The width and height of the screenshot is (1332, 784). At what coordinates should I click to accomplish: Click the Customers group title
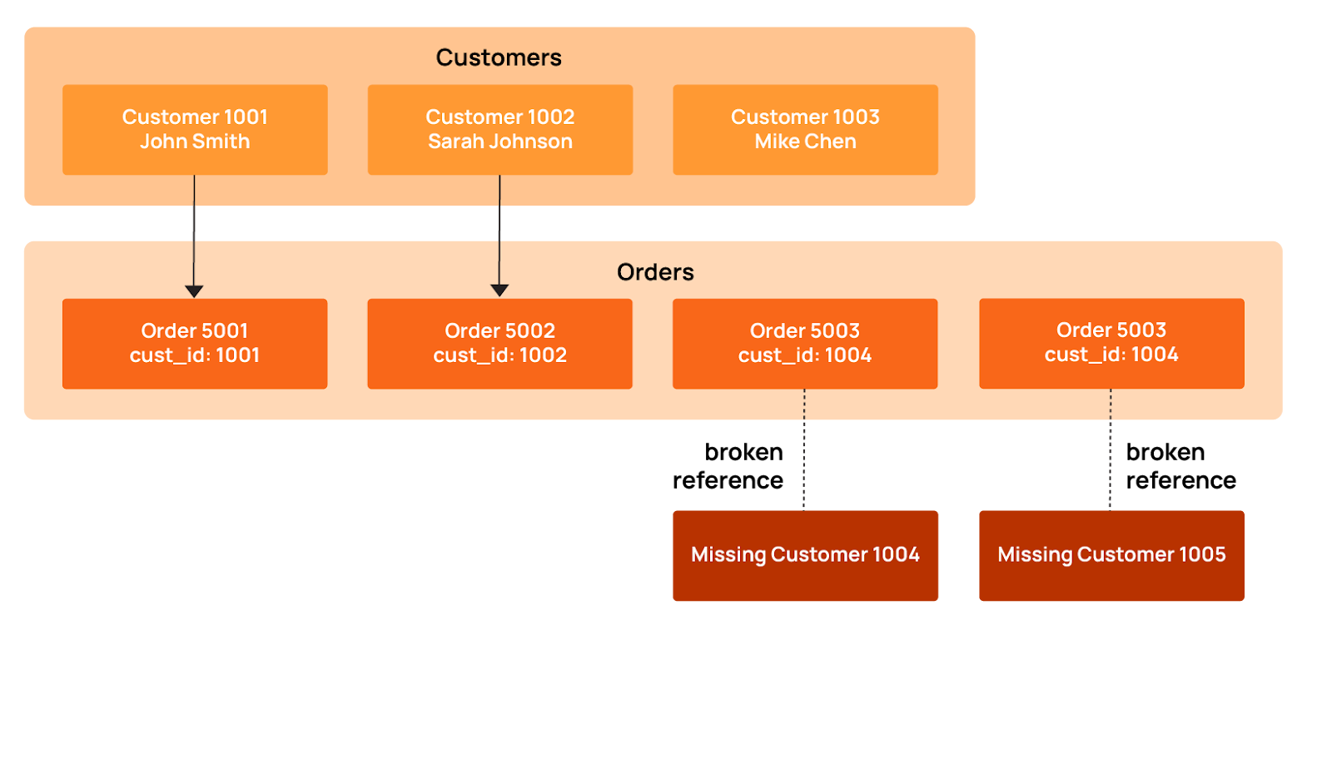[499, 57]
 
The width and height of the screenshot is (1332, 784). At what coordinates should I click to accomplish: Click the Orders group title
[655, 272]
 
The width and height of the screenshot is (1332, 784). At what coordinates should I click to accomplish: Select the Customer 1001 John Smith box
[195, 129]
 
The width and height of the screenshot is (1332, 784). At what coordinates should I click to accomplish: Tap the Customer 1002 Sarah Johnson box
[500, 129]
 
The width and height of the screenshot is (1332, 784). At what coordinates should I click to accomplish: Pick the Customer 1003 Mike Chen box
[805, 129]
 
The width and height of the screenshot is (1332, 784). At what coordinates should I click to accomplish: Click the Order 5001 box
[195, 343]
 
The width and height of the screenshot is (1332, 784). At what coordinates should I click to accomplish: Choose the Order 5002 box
[500, 343]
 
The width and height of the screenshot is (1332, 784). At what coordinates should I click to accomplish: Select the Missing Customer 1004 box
[805, 555]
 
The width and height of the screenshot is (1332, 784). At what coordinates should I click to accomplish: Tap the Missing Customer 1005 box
[1111, 555]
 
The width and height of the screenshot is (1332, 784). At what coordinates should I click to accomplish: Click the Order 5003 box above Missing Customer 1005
[1111, 343]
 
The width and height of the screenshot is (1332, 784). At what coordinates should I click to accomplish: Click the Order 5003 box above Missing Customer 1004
[805, 343]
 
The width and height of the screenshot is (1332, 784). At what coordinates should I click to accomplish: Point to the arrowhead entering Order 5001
[194, 291]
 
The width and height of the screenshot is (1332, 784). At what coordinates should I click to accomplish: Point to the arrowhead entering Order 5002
[499, 290]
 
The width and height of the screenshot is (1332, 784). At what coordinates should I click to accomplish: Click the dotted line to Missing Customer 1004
[803, 449]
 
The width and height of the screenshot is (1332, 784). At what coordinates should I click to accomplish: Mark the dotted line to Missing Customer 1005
[1110, 449]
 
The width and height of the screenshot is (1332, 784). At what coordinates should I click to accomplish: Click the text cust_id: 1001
[195, 355]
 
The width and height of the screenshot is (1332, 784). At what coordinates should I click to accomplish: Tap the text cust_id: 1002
[500, 355]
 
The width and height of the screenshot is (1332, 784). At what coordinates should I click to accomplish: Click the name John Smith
[195, 141]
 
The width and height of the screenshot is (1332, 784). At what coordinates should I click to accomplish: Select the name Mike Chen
[805, 141]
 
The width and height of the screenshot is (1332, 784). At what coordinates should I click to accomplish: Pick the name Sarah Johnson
[500, 141]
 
